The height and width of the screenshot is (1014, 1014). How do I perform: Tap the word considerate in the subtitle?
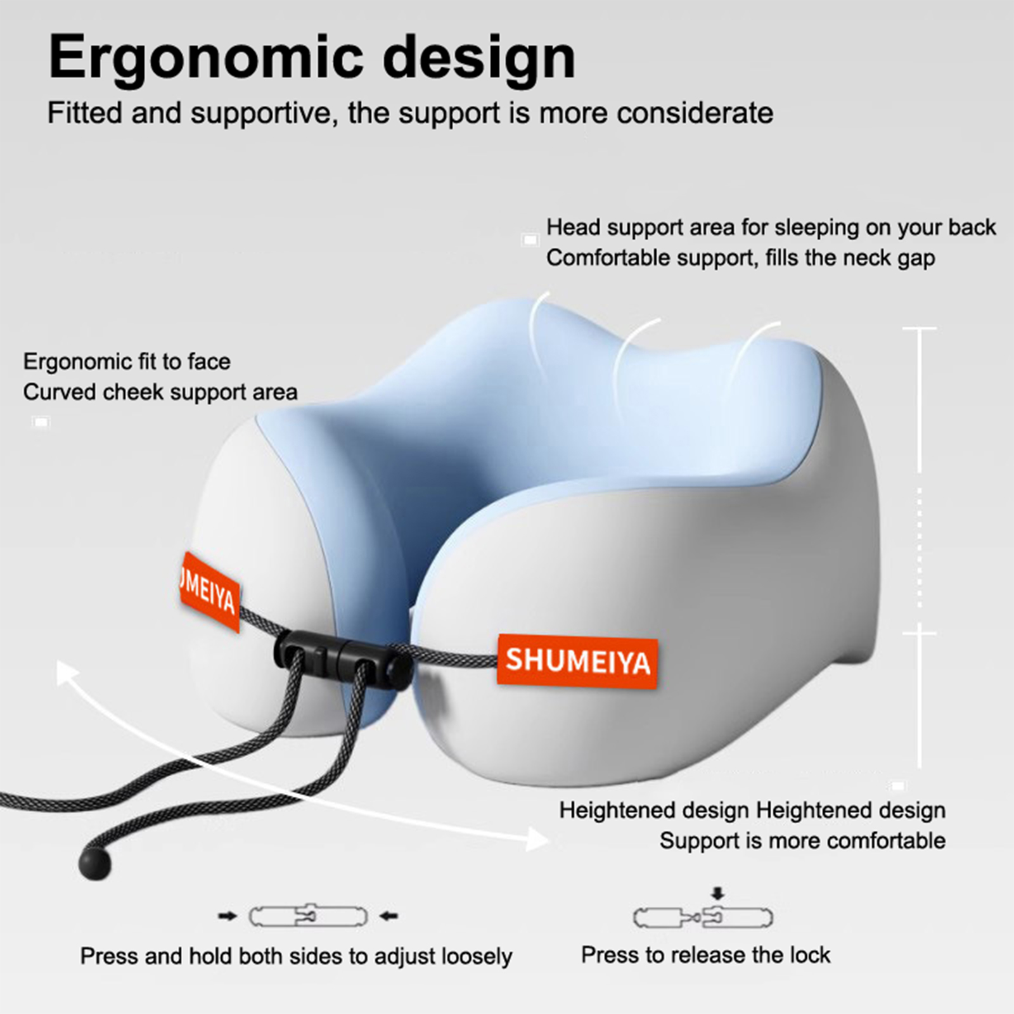click(695, 113)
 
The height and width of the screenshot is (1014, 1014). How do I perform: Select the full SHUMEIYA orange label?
click(577, 661)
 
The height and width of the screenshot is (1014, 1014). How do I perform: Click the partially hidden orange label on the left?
click(209, 593)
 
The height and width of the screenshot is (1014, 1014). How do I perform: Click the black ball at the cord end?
click(95, 863)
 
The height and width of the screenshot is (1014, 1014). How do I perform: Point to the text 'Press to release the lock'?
click(705, 954)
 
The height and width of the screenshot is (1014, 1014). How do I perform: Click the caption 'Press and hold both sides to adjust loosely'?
click(296, 956)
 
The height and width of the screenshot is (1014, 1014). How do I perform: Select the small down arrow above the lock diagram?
click(717, 894)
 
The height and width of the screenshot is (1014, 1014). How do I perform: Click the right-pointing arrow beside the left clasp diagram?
click(228, 916)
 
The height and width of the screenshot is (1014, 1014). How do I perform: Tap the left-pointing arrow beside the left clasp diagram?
click(388, 916)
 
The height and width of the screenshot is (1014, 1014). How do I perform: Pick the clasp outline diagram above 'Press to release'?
click(703, 917)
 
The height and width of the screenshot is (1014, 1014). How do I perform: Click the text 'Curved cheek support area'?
click(160, 392)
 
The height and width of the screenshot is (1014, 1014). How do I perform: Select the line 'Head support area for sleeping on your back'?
click(771, 228)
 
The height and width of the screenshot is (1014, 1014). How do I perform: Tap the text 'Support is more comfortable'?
click(802, 841)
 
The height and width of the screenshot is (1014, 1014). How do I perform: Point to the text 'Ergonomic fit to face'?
click(127, 362)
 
